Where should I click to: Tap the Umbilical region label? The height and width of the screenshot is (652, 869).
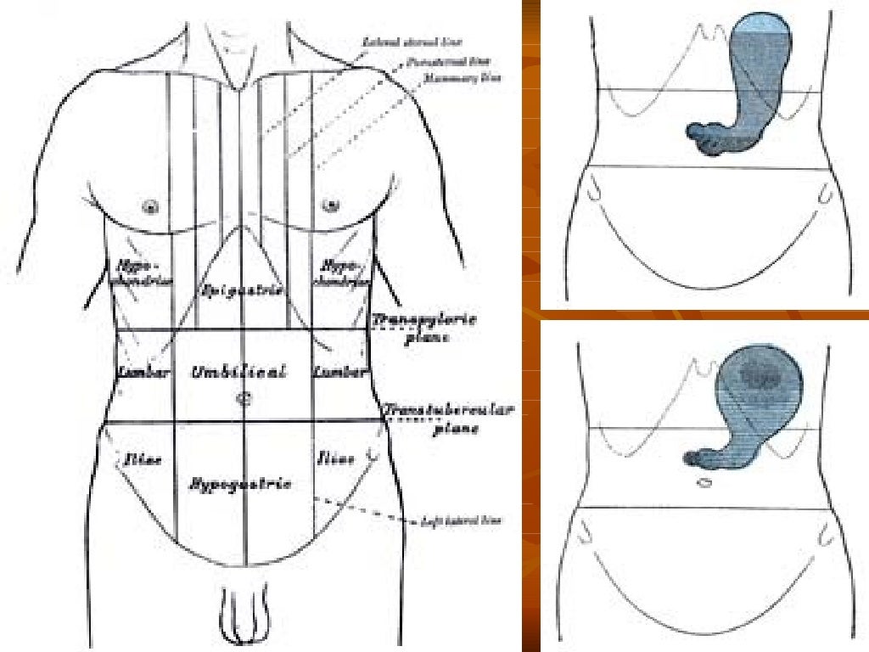[x=239, y=372]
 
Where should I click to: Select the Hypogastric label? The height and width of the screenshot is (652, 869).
[x=240, y=484]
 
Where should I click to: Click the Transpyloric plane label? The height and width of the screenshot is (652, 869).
[x=423, y=328]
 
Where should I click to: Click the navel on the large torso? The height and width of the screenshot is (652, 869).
[x=244, y=397]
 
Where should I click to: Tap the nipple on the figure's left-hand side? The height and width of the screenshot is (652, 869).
[x=153, y=205]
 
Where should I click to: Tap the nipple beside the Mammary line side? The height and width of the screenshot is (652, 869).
[x=330, y=205]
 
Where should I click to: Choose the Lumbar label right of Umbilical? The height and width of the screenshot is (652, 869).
[x=339, y=372]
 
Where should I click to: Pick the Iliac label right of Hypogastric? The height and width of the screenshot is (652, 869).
[x=335, y=459]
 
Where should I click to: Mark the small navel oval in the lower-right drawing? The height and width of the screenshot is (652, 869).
[x=704, y=483]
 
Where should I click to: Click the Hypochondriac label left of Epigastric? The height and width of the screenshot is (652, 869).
[x=139, y=272]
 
